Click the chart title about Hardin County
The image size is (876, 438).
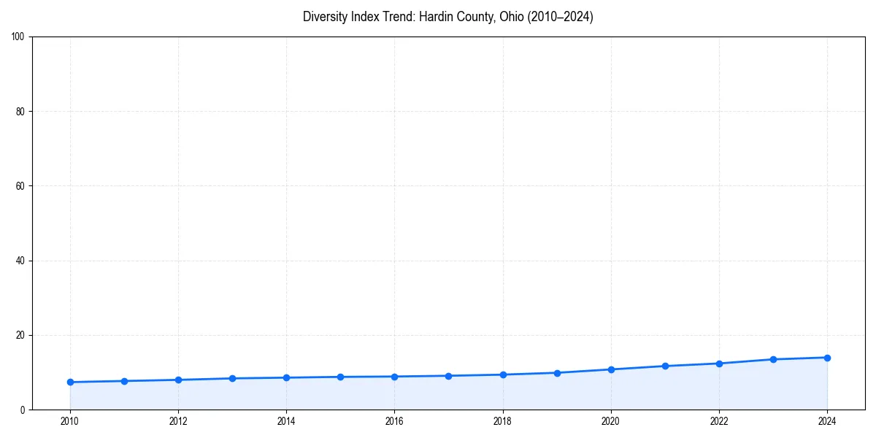[447, 17]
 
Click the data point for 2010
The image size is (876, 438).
[70, 382]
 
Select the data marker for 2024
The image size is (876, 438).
[827, 358]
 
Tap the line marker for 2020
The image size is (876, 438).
[611, 369]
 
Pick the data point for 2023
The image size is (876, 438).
[773, 359]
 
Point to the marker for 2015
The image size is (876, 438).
[340, 377]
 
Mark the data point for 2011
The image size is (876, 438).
[124, 381]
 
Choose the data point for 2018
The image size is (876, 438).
[503, 374]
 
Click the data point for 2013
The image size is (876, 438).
[232, 378]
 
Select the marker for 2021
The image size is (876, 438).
[665, 366]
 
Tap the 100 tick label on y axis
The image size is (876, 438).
[18, 37]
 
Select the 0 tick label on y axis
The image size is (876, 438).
[23, 410]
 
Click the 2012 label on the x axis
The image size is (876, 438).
[178, 421]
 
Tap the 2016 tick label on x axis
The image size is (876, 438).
[394, 421]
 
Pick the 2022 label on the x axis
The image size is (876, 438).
[719, 421]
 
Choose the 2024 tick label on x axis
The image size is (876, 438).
[827, 421]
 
